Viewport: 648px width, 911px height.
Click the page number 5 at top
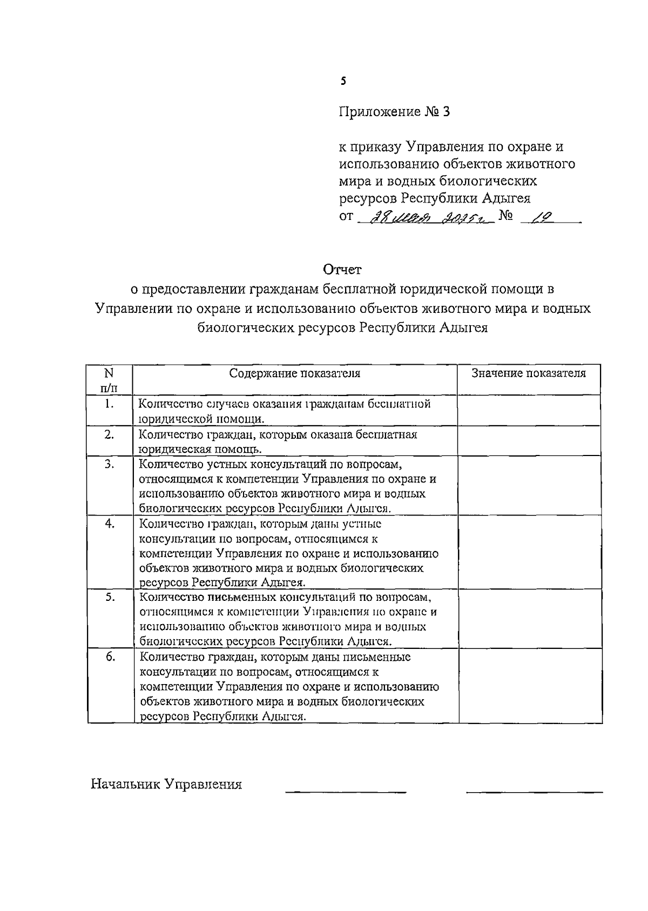click(343, 82)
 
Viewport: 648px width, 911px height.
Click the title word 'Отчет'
click(342, 269)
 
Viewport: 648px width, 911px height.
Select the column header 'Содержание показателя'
click(295, 373)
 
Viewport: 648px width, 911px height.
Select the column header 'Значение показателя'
click(528, 373)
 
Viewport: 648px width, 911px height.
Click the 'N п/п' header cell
click(110, 380)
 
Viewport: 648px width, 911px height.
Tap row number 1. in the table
click(109, 404)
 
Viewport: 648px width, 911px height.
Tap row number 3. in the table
click(109, 464)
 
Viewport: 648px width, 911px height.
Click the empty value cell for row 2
click(529, 441)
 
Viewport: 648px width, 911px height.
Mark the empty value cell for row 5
click(529, 619)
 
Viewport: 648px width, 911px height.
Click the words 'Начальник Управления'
click(166, 784)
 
